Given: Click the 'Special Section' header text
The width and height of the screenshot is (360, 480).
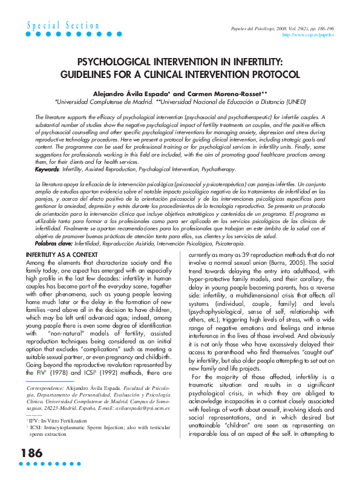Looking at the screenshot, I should [64, 25].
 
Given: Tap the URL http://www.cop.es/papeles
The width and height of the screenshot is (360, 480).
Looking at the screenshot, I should [309, 35].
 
